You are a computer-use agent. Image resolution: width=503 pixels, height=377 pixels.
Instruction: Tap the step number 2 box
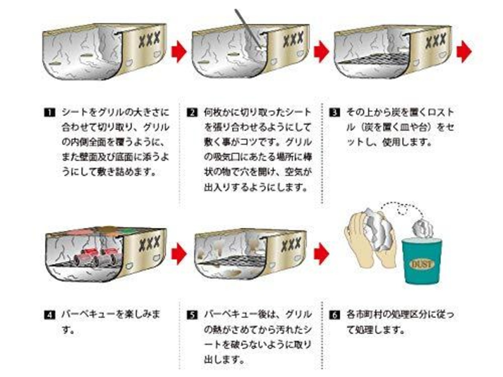click(192, 113)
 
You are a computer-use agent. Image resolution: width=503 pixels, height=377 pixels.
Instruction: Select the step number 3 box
click(334, 113)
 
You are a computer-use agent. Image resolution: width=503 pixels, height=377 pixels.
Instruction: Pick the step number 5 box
click(192, 315)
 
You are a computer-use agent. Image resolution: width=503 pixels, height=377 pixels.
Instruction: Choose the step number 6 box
click(334, 315)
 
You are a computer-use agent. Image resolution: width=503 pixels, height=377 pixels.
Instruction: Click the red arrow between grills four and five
click(179, 253)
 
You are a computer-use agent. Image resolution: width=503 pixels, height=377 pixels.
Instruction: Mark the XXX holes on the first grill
click(150, 39)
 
